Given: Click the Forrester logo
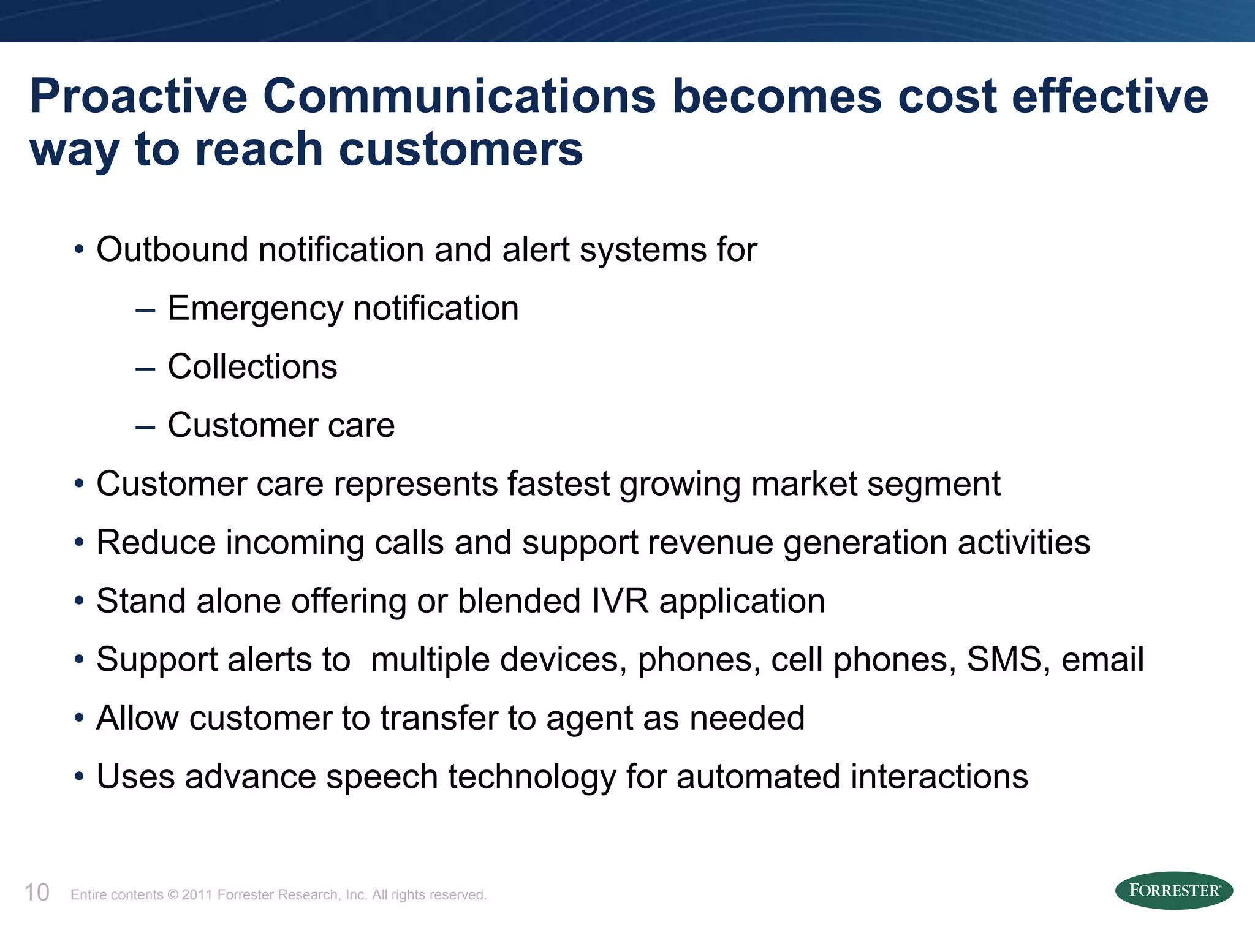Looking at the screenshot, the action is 1173,890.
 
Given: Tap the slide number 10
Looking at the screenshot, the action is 37,893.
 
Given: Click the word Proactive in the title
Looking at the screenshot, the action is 138,96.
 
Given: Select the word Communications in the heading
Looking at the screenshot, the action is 460,96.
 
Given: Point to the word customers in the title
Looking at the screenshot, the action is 460,149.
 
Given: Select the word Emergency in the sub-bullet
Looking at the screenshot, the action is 255,309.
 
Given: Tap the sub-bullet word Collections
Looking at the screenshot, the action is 252,366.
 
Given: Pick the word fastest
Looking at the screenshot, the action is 558,484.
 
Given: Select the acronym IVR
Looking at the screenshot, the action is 620,601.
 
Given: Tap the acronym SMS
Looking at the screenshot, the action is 1004,660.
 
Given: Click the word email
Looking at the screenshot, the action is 1102,660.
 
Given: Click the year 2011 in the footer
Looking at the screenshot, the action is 196,895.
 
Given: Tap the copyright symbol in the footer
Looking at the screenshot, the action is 172,895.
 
